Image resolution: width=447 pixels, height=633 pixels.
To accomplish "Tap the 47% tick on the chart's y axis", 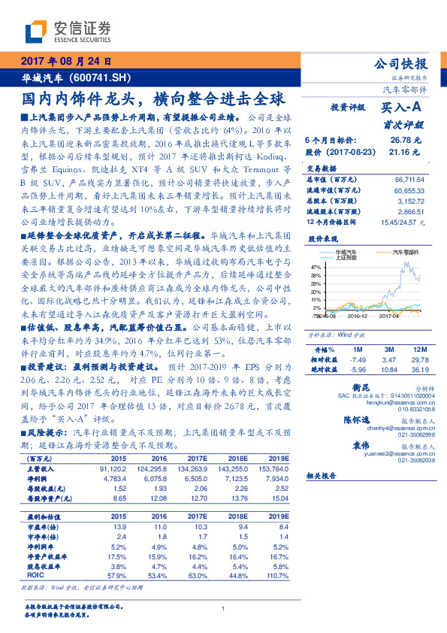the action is coord(315,267).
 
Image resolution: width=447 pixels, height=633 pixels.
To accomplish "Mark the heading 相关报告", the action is coord(324,477).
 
